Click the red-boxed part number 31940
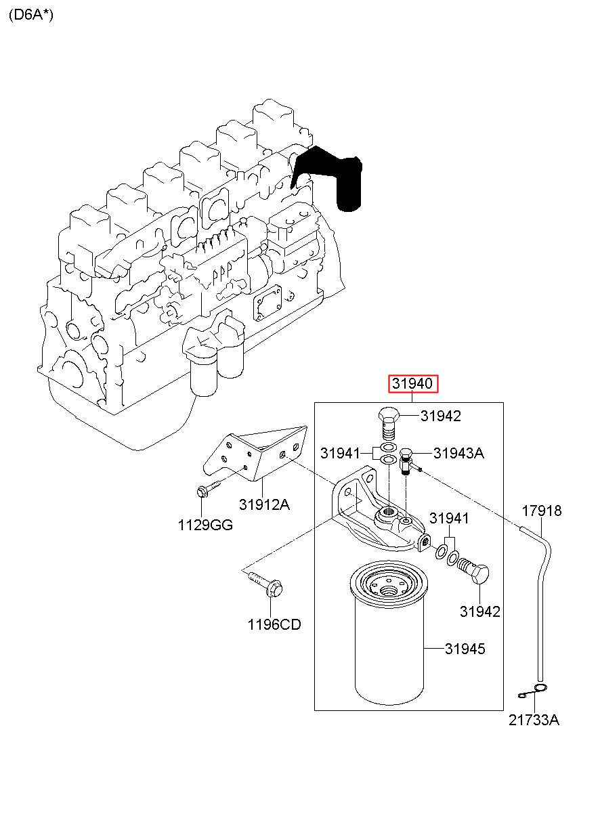coord(412,384)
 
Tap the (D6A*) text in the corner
coord(31,15)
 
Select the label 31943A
coord(458,454)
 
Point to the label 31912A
coord(264,505)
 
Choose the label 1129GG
coord(205,525)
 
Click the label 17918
coord(542,511)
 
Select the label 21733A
coord(534,720)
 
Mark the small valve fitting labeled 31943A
coord(407,461)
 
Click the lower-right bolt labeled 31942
coord(473,570)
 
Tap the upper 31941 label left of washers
coord(341,454)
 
